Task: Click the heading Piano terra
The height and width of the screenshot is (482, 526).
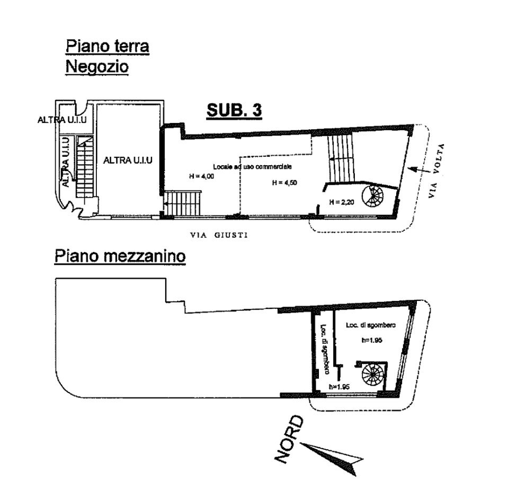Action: (x=107, y=46)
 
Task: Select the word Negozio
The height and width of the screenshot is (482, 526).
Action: (x=97, y=67)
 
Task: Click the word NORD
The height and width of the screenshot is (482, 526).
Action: (x=289, y=440)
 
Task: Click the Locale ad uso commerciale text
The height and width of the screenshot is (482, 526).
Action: (x=252, y=166)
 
